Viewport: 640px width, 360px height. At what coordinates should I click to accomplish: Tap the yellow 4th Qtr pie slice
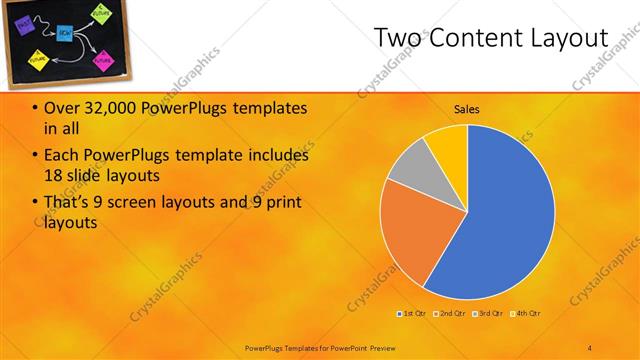tap(448, 146)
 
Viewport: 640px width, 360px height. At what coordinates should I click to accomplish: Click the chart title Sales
tap(467, 108)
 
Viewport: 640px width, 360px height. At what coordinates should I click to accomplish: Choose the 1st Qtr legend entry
tap(413, 314)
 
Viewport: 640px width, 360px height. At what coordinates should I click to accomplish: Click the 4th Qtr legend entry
tap(526, 314)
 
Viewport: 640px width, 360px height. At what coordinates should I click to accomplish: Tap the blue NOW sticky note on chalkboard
tap(63, 33)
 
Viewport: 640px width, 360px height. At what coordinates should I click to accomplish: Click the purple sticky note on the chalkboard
tap(24, 20)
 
